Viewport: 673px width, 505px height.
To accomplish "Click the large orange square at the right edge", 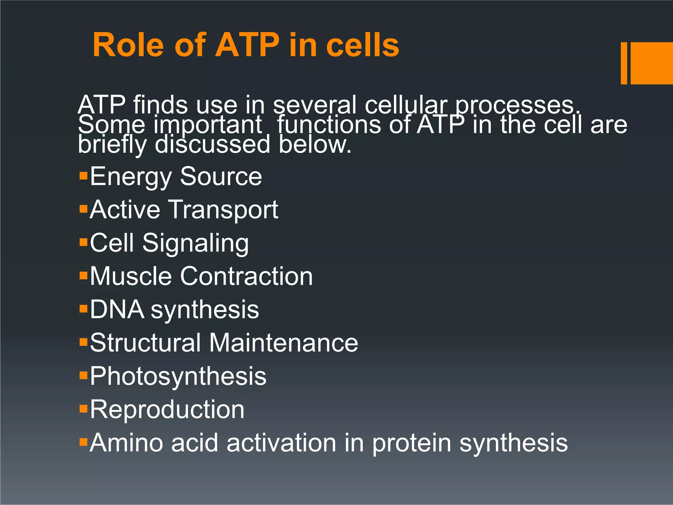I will [651, 63].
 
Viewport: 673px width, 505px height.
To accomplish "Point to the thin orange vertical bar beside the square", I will [624, 63].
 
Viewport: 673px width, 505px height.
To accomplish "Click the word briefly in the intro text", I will [112, 145].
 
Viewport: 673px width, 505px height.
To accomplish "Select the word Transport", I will [223, 210].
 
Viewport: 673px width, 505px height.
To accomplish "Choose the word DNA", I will [117, 310].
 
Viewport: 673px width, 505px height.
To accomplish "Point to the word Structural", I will [145, 343].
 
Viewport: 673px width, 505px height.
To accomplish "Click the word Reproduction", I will [167, 410].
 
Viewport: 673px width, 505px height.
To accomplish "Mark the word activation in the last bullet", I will [281, 443].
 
